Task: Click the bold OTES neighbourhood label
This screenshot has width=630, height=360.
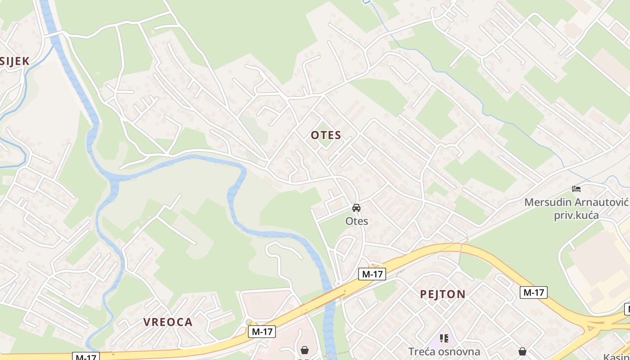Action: coord(326,135)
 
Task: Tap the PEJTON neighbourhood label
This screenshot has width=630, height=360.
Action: coord(443,294)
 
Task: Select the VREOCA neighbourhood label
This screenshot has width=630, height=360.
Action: coord(168,322)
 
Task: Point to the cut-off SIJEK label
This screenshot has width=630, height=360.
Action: coord(14,62)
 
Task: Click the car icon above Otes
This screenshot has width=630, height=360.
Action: coord(356,208)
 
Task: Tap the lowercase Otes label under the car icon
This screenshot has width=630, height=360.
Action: coord(356,221)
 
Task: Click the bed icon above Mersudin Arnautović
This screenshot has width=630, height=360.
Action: coord(576,189)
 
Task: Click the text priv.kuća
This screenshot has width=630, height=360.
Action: coord(576,215)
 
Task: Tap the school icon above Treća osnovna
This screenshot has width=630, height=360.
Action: coord(444,338)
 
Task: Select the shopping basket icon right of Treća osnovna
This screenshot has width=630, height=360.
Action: coord(522,351)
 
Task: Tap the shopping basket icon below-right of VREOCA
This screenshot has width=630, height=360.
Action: coord(305,350)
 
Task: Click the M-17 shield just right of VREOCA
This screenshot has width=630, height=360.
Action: coord(262,332)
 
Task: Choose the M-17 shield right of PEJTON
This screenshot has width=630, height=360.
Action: coord(534,292)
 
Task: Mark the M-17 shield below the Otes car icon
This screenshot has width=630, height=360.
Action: coord(372,274)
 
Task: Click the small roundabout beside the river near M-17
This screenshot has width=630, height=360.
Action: coord(337,284)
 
